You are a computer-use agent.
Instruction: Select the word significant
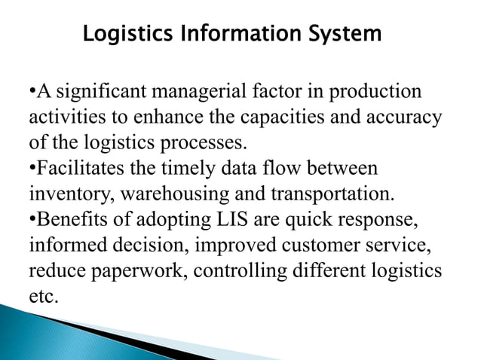coord(101,93)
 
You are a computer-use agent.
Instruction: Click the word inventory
coord(62,194)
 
